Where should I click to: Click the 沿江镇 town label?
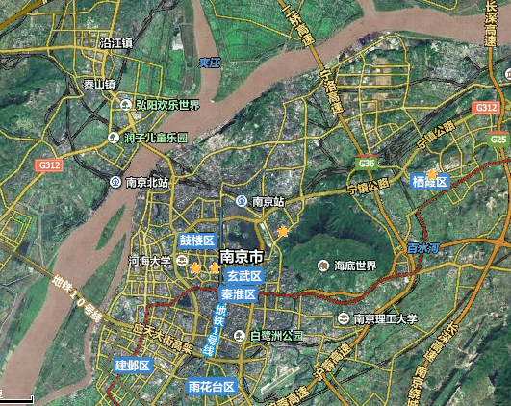[116, 43]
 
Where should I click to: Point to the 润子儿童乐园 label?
[155, 138]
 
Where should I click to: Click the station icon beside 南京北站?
[116, 182]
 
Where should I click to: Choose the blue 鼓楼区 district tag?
[196, 240]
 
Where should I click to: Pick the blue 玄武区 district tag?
[244, 276]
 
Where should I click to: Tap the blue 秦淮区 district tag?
[238, 293]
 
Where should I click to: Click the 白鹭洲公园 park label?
[276, 336]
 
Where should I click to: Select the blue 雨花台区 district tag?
[212, 387]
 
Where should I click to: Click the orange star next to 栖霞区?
[433, 174]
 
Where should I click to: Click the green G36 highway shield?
[367, 164]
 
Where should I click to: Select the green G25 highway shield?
[498, 140]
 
